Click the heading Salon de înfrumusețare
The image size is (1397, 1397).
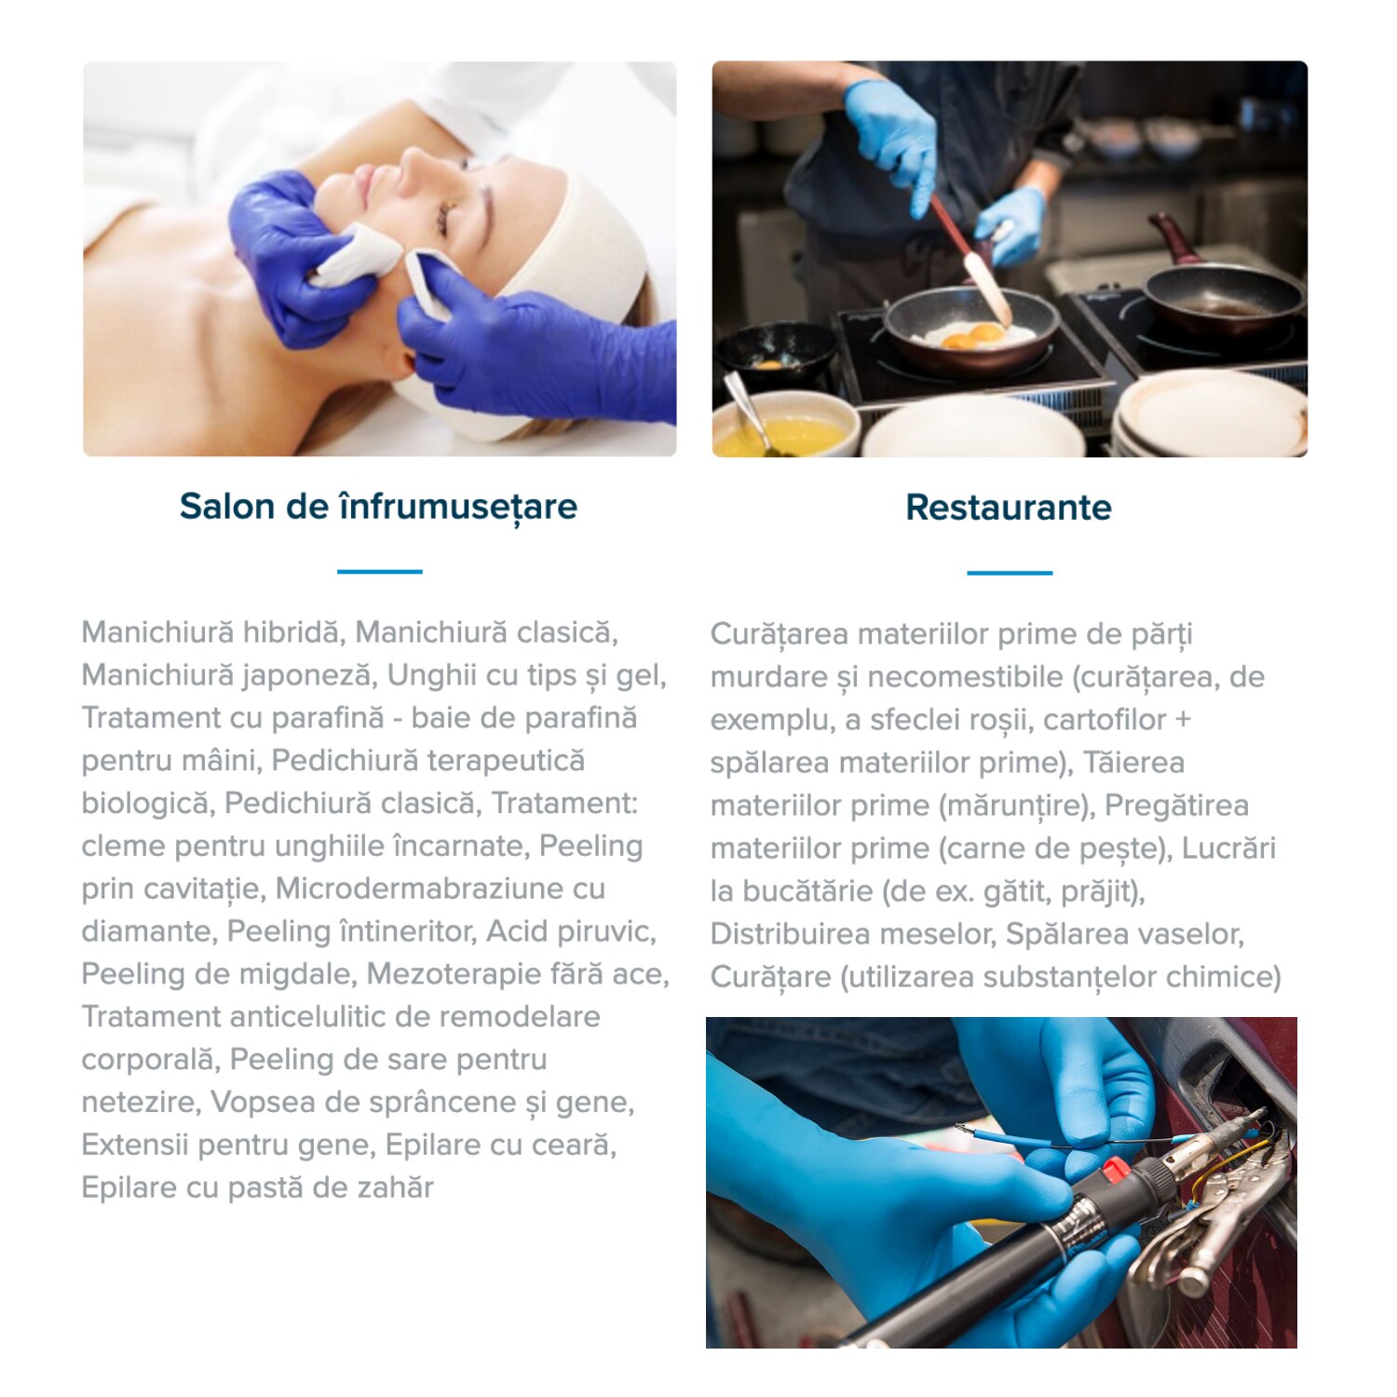(378, 508)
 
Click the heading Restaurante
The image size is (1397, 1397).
(1009, 508)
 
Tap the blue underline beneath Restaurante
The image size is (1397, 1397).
(1010, 573)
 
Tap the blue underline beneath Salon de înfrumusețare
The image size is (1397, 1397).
(379, 571)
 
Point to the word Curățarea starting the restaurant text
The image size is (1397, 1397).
(780, 634)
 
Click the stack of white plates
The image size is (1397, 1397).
(1211, 414)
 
